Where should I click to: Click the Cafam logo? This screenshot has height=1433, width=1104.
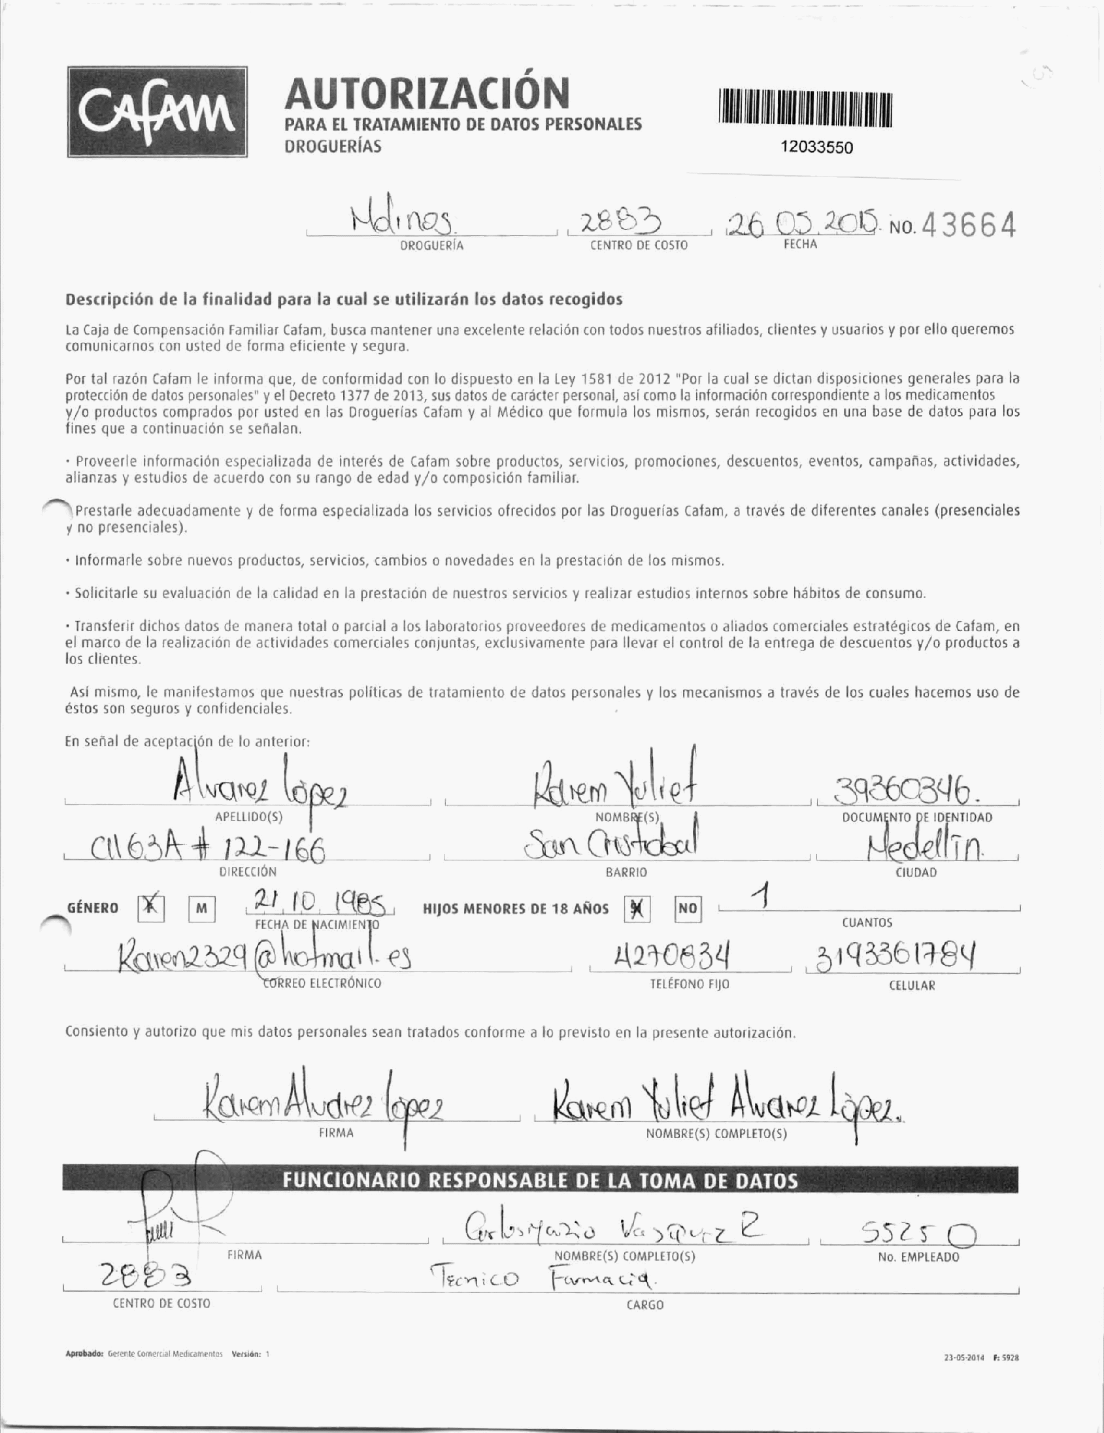157,112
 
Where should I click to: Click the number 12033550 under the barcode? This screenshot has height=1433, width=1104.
816,147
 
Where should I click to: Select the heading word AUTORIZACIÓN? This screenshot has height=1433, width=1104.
427,93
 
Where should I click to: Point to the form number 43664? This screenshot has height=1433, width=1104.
969,226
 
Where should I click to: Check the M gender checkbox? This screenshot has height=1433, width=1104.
202,909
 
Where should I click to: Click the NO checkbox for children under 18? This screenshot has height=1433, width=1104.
688,909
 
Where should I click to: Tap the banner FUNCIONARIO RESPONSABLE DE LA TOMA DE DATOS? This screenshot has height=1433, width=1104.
540,1181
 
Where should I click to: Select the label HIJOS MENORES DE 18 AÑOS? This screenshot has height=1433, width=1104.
516,909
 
